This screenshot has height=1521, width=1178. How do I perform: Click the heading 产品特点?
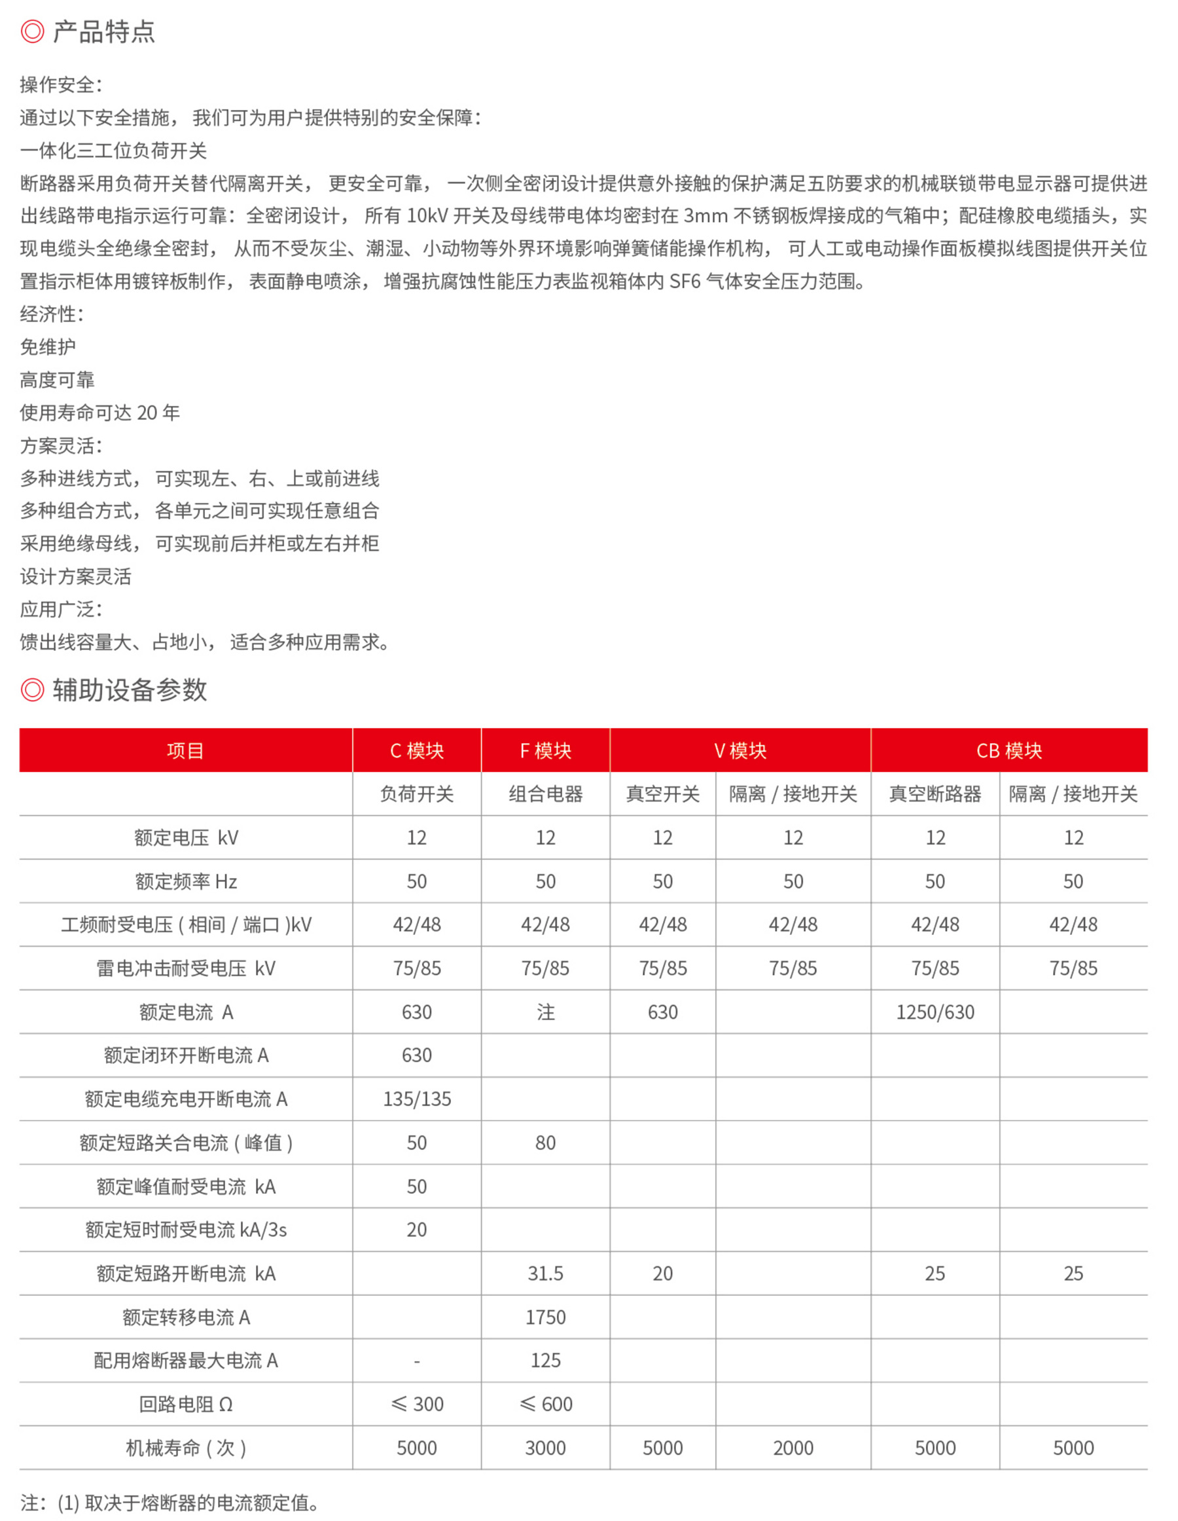click(104, 31)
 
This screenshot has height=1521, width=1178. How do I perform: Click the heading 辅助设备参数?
click(130, 689)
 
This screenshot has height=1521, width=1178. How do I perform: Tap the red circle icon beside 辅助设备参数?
click(32, 689)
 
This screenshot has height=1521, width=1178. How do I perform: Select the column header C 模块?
click(416, 750)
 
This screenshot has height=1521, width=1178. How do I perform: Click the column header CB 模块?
click(1008, 750)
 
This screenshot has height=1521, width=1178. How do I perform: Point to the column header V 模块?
click(740, 750)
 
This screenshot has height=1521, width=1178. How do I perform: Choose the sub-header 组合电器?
click(545, 794)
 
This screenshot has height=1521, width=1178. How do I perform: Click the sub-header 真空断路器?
click(935, 794)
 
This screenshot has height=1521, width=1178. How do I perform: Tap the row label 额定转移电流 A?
click(186, 1317)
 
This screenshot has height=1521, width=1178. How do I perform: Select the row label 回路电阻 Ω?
click(186, 1404)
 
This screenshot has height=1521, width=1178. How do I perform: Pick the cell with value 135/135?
click(416, 1099)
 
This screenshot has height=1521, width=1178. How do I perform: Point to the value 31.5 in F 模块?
click(545, 1273)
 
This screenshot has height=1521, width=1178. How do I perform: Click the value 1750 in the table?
click(545, 1317)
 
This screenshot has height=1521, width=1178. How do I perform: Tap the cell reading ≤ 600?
click(545, 1404)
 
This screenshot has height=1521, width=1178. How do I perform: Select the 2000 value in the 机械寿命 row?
click(793, 1448)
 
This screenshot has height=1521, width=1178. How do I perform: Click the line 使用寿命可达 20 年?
click(99, 412)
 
